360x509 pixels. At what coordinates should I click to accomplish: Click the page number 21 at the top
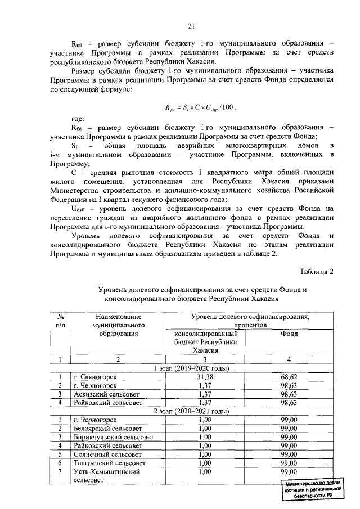(191, 26)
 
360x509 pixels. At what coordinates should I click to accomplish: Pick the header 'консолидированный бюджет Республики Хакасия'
(205, 342)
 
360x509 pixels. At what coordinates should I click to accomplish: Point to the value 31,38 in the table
(206, 377)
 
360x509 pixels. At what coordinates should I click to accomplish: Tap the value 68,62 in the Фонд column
(289, 377)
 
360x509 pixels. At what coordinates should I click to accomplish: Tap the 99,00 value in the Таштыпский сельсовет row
(289, 462)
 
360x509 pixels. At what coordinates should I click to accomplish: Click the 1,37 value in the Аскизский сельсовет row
(206, 394)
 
